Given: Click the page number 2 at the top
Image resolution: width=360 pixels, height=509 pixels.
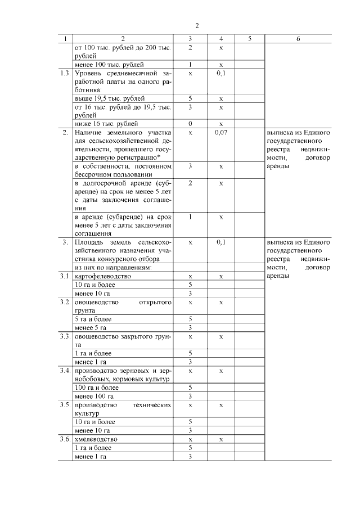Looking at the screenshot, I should (196, 25).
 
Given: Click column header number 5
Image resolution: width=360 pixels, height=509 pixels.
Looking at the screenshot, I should (249, 39).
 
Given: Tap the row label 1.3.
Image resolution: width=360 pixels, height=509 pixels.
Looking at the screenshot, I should (66, 74).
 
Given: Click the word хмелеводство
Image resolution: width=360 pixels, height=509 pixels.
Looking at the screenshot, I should (96, 439).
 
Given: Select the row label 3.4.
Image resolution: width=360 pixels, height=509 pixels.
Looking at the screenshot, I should (66, 371).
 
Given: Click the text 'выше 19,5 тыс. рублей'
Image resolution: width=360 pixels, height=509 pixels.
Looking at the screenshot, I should (106, 98).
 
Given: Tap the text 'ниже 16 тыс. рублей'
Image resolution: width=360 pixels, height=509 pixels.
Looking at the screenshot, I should (105, 123).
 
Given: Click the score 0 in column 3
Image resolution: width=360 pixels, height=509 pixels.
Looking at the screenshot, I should (191, 123).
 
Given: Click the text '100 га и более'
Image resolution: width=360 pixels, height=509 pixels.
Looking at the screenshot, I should (96, 388).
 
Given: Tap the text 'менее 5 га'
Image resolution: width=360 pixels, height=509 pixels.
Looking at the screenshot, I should (91, 327).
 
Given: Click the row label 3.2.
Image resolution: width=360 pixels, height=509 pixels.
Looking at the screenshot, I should (66, 302).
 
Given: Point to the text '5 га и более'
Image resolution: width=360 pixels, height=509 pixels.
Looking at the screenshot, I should (93, 319).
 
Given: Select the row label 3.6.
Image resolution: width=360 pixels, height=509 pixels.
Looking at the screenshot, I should (66, 439).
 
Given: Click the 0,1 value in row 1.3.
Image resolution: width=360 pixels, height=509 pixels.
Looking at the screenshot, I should (220, 74).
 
